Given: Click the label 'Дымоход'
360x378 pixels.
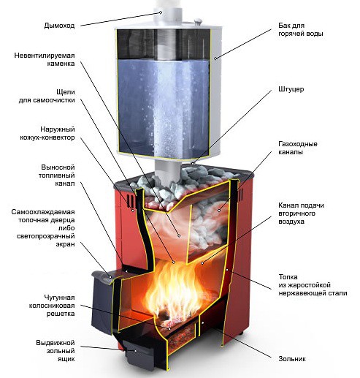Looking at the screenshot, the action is click(59, 26).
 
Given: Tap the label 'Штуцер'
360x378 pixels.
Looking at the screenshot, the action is click(291, 89).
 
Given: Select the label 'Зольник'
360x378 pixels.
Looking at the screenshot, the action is click(292, 359).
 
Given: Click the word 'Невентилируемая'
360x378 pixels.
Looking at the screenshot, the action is click(45, 56).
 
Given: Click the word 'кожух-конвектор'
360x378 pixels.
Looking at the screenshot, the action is click(47, 137).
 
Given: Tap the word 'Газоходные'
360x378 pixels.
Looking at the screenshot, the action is click(298, 144).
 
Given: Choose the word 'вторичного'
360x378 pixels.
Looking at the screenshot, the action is click(296, 213).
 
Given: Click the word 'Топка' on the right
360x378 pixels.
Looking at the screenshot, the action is click(288, 277).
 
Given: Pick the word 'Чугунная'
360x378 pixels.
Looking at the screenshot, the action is click(59, 298).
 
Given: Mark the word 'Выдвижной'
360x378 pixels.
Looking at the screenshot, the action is click(55, 343).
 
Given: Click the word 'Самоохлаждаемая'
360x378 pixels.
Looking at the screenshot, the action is click(43, 212).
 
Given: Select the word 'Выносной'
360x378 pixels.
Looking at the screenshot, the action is click(58, 167).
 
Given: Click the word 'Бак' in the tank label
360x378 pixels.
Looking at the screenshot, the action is click(285, 26).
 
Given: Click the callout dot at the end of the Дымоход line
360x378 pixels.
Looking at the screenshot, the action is click(161, 12).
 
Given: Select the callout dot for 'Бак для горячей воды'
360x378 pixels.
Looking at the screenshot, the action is click(215, 58).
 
